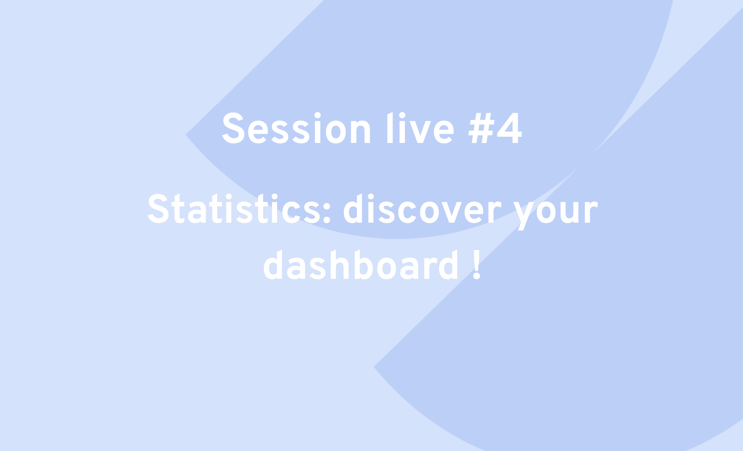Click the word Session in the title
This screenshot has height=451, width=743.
tap(296, 128)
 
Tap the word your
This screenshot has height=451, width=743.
tap(556, 212)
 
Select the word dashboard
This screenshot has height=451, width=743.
tap(361, 265)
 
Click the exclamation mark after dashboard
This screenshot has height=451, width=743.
tap(477, 265)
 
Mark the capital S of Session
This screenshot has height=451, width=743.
tap(234, 128)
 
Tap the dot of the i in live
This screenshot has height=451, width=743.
tap(402, 115)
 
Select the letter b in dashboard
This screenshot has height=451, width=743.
tap(364, 265)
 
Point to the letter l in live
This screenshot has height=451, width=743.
tap(390, 127)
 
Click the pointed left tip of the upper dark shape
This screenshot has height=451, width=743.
tap(186, 134)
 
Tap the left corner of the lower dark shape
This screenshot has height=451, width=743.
tap(374, 367)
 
